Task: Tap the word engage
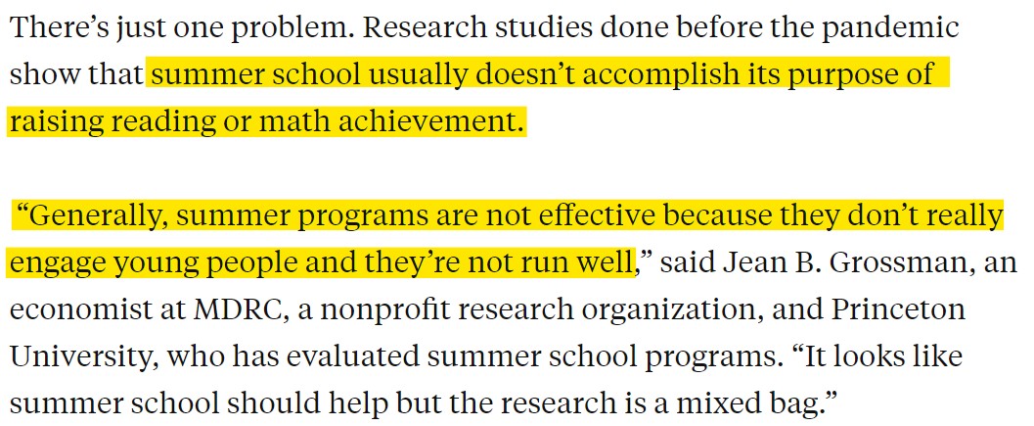pyautogui.click(x=64, y=262)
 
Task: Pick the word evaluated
pyautogui.click(x=353, y=357)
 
